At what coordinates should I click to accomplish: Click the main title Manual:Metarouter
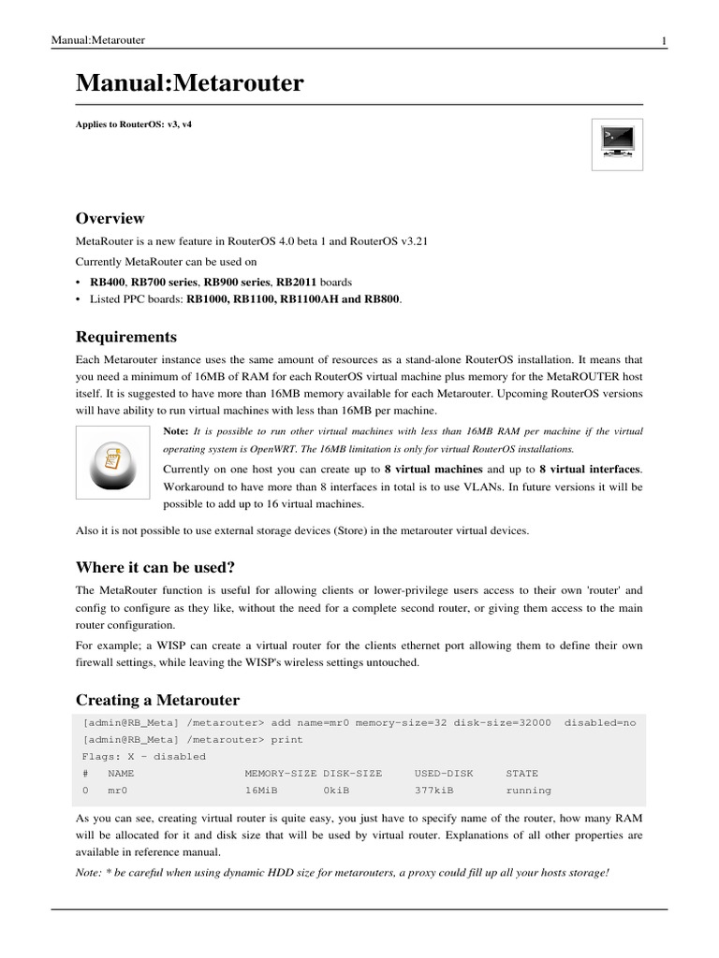coord(189,84)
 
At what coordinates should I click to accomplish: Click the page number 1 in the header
coord(663,40)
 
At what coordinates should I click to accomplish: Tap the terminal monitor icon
coord(617,144)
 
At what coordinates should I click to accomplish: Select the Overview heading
coord(110,219)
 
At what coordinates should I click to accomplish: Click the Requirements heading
coord(125,337)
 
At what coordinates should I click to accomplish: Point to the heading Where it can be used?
coord(154,567)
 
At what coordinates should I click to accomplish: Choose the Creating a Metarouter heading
coord(157,700)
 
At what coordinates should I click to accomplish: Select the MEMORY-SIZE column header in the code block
coord(280,774)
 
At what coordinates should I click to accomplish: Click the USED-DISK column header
coord(444,774)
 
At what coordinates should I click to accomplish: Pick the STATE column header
coord(521,774)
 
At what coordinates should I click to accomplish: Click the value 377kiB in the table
coord(434,791)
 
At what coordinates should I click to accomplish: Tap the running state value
coord(528,791)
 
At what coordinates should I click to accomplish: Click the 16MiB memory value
coord(261,791)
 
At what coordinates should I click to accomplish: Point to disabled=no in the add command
coord(599,722)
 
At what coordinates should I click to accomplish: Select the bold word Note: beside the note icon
coord(176,431)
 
